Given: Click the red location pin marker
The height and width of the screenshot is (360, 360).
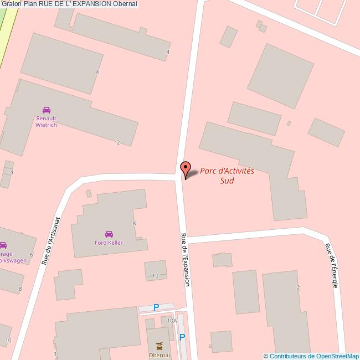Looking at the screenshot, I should (186, 168).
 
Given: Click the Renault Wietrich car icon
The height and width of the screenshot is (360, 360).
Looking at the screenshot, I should (46, 110).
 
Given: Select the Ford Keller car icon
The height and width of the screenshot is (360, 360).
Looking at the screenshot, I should (109, 234).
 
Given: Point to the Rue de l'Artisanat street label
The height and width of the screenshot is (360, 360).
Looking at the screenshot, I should (50, 240).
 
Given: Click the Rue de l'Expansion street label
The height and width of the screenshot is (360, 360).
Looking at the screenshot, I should (185, 259).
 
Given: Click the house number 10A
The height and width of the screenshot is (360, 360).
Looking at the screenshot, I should (172, 321).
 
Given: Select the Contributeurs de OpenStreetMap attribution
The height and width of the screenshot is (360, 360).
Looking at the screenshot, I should (311, 356).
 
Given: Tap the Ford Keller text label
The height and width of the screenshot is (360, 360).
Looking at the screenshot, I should (109, 243).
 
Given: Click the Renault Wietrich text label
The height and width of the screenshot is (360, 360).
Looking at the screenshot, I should (47, 121).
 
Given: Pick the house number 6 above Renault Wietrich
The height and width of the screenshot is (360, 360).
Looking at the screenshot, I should (97, 73).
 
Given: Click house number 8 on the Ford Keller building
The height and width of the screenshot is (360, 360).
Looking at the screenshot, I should (134, 223).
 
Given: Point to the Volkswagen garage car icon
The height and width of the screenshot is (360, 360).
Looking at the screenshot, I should (3, 245).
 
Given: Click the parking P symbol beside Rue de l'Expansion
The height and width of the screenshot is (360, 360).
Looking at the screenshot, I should (182, 337).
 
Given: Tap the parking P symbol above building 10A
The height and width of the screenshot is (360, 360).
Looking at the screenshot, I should (156, 307).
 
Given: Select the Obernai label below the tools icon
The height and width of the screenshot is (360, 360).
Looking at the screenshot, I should (159, 355).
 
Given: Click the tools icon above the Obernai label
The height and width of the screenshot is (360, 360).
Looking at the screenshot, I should (160, 346).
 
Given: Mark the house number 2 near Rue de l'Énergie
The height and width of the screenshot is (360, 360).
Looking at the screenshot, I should (298, 287).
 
